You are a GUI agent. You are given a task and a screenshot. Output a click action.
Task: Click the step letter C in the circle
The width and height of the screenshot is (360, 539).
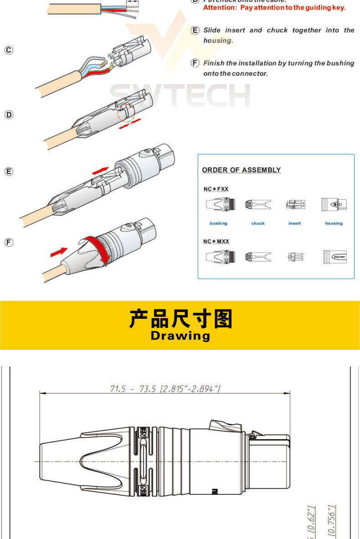pos(9,50)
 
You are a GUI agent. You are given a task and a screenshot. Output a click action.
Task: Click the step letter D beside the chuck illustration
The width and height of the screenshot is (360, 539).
pos(9,114)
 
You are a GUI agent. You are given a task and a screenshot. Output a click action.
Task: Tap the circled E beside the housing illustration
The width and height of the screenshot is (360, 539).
pos(9,171)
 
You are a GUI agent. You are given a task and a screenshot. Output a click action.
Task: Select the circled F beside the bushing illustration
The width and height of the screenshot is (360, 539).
pos(9,242)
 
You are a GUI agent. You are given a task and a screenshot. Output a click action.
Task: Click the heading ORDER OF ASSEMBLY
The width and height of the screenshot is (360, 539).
pos(241,170)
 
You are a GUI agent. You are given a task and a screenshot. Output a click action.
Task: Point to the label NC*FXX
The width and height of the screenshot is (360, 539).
pos(216,189)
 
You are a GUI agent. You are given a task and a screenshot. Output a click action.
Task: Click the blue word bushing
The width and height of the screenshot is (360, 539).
pos(218,223)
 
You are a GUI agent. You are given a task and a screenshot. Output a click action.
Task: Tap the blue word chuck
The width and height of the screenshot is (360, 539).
pos(258,223)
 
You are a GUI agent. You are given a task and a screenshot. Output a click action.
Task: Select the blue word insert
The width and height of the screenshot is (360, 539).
pos(295,223)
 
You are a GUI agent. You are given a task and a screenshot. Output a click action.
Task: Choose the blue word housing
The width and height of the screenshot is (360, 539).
pos(334,223)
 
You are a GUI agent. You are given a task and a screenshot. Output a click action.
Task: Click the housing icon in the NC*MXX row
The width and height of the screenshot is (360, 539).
pos(334,256)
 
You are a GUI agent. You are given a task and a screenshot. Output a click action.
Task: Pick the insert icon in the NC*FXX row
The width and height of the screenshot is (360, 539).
pos(295,205)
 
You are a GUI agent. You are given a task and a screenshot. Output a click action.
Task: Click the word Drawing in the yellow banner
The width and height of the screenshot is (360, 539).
pos(180,336)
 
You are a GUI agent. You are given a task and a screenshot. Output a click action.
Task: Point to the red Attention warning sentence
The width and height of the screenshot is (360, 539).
pos(274,8)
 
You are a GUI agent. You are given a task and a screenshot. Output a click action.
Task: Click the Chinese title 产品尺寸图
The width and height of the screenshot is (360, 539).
pos(180,319)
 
